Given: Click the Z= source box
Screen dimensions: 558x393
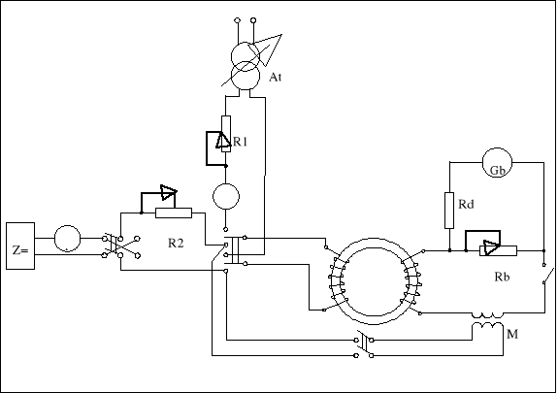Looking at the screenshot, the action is point(20,246).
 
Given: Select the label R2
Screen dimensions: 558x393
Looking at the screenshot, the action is point(176,244).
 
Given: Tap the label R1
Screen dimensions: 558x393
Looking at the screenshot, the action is point(241,142).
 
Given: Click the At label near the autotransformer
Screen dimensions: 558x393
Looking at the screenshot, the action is point(275,77).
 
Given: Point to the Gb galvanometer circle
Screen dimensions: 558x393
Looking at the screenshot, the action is point(497,163).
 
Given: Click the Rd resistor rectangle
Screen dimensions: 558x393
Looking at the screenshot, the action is point(449,211).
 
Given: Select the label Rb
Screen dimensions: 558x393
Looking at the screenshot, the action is point(502,277).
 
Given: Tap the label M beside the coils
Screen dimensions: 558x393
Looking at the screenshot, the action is point(512,334).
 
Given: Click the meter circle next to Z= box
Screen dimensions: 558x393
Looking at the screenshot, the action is point(68,239).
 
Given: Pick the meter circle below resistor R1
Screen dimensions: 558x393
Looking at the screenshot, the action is point(226,196).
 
